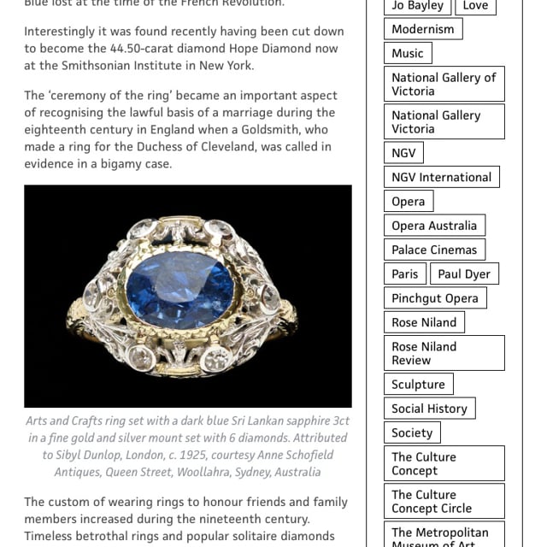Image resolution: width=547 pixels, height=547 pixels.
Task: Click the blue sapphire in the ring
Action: (179, 288)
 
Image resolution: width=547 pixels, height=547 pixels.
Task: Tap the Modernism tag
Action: (423, 29)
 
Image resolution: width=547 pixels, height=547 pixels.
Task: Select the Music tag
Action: (408, 53)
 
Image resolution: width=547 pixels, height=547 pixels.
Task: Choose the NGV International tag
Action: (441, 177)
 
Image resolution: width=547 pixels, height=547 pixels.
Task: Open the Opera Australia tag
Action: (434, 226)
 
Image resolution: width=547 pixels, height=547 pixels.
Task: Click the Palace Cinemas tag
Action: (434, 250)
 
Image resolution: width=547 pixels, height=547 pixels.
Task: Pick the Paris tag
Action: (405, 273)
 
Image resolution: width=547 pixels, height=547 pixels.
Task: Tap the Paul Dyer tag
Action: (464, 273)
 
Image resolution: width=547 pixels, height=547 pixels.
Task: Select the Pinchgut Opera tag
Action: (435, 297)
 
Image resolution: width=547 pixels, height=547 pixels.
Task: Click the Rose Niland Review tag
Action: (444, 353)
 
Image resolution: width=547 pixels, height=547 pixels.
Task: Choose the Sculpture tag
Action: (418, 385)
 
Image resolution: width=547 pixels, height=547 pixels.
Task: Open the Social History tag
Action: (429, 409)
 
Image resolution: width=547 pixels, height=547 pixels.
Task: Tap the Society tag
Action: (412, 432)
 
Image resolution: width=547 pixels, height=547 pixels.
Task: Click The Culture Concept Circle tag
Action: (444, 502)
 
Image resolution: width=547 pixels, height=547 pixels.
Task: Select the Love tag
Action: (475, 6)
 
